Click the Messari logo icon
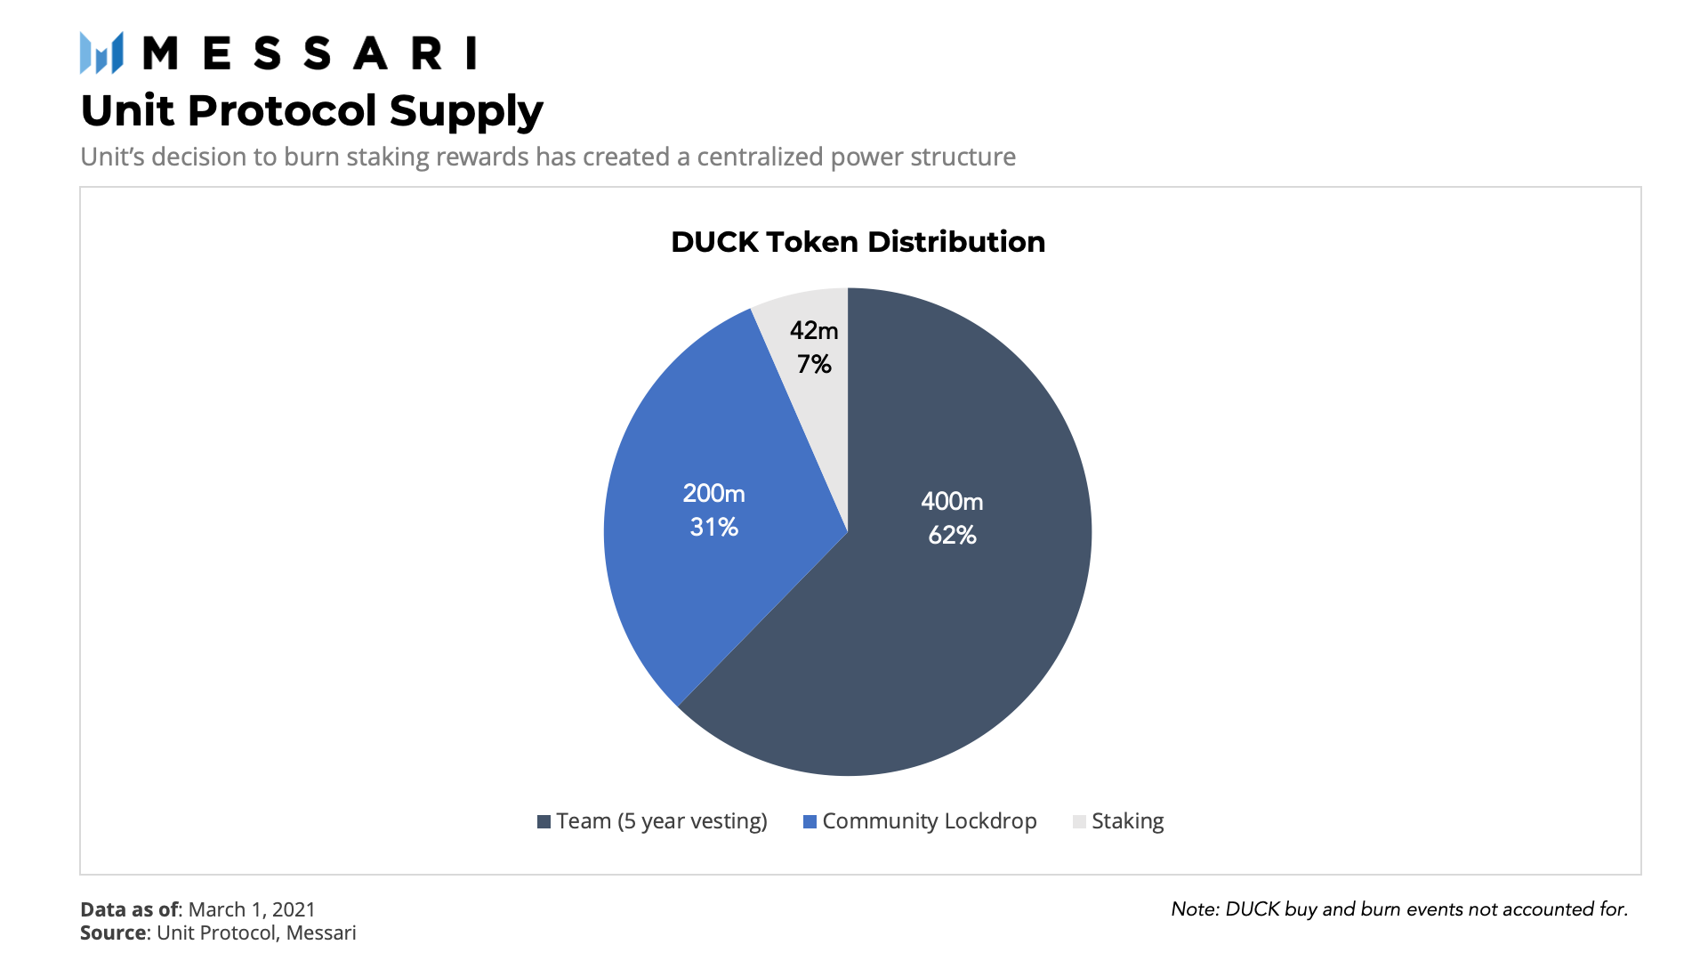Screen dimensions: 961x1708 (101, 52)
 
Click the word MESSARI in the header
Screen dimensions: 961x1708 (310, 53)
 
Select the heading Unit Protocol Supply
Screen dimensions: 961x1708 (311, 111)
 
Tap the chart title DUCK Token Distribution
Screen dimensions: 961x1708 (858, 242)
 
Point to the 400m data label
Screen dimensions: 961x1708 (952, 502)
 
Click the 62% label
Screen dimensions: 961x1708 (952, 535)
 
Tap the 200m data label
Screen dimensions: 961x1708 (713, 494)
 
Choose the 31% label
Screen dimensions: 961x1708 (713, 527)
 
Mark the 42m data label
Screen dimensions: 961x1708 (814, 331)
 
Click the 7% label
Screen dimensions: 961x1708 (814, 364)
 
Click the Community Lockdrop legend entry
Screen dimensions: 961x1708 (920, 821)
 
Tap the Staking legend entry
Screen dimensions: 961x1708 (1118, 821)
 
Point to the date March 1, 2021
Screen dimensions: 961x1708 (252, 909)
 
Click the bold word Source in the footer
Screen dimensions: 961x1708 (113, 933)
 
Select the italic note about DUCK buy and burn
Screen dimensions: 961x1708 (1399, 909)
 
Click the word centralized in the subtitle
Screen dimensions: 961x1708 (760, 157)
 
